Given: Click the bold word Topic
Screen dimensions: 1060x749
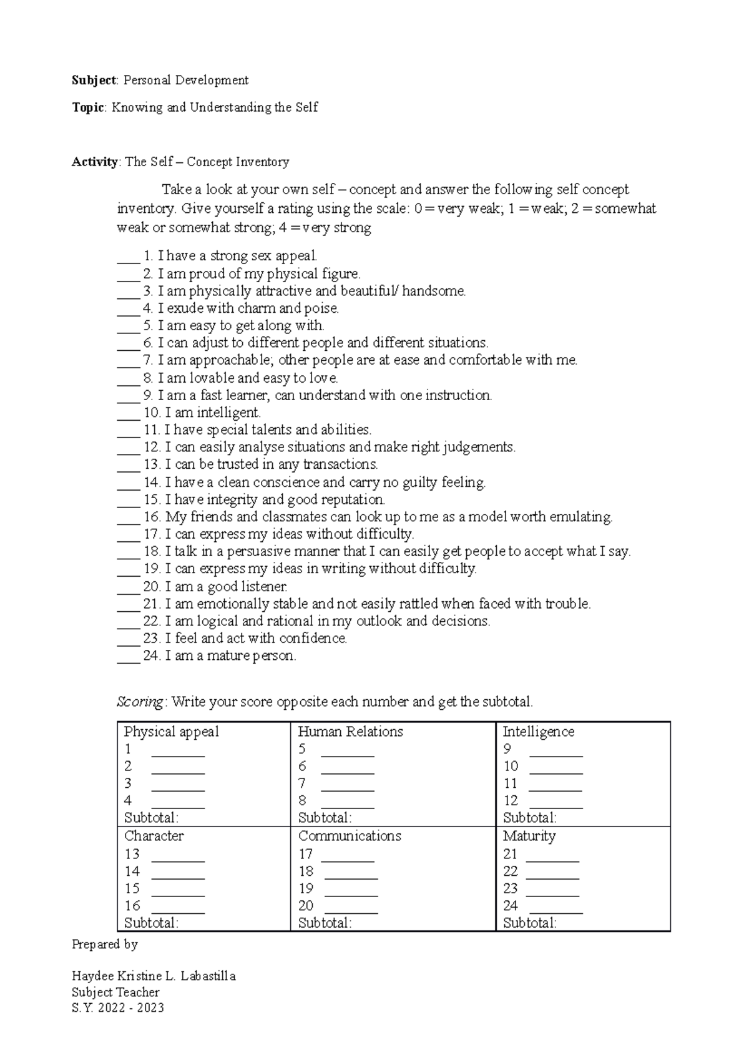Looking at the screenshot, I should pyautogui.click(x=87, y=107).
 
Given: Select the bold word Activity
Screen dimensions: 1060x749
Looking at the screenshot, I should pyautogui.click(x=95, y=162).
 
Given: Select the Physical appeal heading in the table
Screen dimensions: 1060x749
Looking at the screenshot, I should pyautogui.click(x=172, y=732).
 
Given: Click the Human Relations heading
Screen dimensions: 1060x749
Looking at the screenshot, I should pyautogui.click(x=351, y=732).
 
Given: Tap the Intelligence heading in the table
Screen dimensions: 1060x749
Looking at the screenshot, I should pyautogui.click(x=539, y=732).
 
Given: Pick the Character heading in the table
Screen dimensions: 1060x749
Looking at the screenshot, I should pyautogui.click(x=154, y=836).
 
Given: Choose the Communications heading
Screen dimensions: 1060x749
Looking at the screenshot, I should pyautogui.click(x=350, y=836).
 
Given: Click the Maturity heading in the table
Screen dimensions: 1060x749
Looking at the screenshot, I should pyautogui.click(x=529, y=836).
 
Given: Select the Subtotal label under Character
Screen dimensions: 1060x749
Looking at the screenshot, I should pyautogui.click(x=152, y=923).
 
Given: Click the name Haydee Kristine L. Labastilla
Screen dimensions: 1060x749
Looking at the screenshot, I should pyautogui.click(x=154, y=976).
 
